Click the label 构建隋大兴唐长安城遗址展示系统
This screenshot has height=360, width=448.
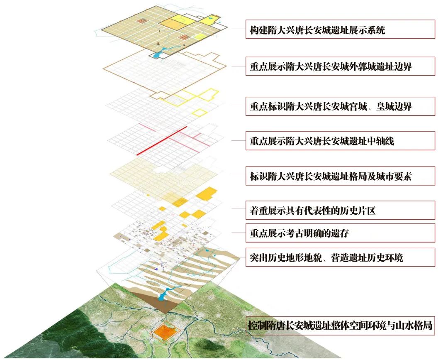[x=317, y=30]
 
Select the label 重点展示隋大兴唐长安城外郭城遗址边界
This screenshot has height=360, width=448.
[x=331, y=66]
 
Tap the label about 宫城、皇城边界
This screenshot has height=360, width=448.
[x=331, y=107]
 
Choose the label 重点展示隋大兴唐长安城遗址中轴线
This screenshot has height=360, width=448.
[x=322, y=141]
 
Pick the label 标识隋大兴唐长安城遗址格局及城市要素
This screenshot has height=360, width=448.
[x=331, y=176]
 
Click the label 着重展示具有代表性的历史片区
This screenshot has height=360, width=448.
[x=313, y=211]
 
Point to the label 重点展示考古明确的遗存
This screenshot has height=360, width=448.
[x=299, y=233]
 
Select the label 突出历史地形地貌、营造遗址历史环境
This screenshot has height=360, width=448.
[x=326, y=257]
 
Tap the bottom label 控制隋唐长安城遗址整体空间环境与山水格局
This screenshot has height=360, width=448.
[x=340, y=326]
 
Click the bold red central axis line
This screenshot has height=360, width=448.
[x=162, y=141]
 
